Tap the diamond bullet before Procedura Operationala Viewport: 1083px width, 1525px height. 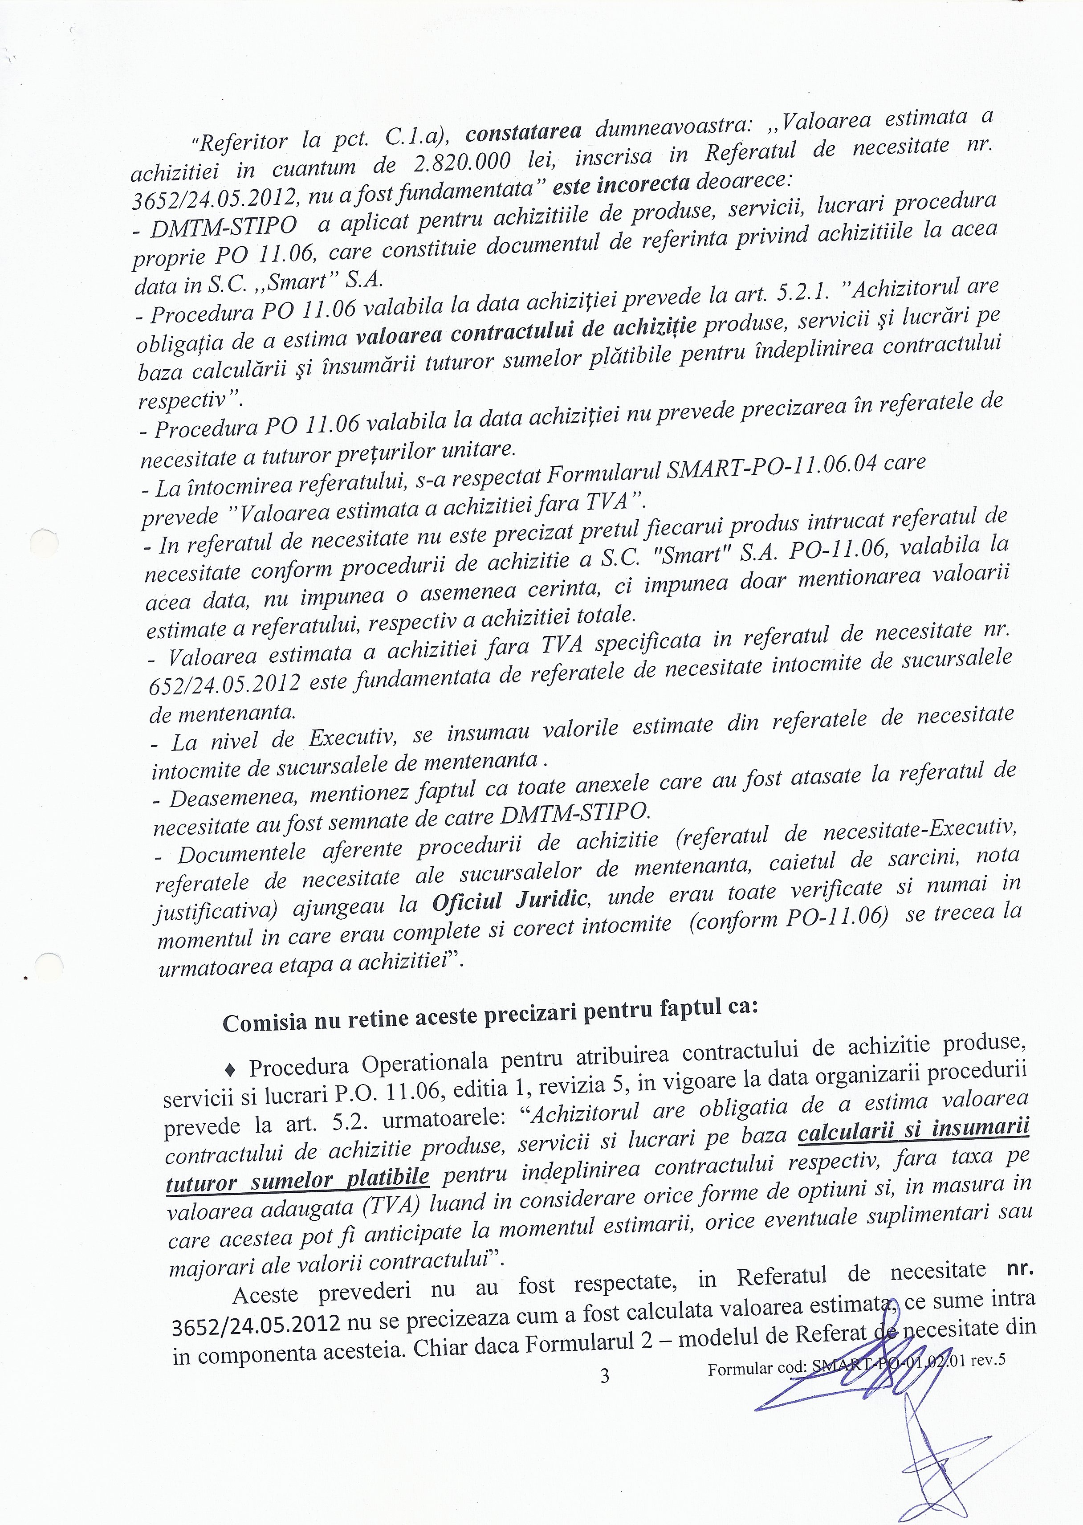tap(231, 1069)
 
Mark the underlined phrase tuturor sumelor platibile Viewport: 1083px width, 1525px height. tap(297, 1179)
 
